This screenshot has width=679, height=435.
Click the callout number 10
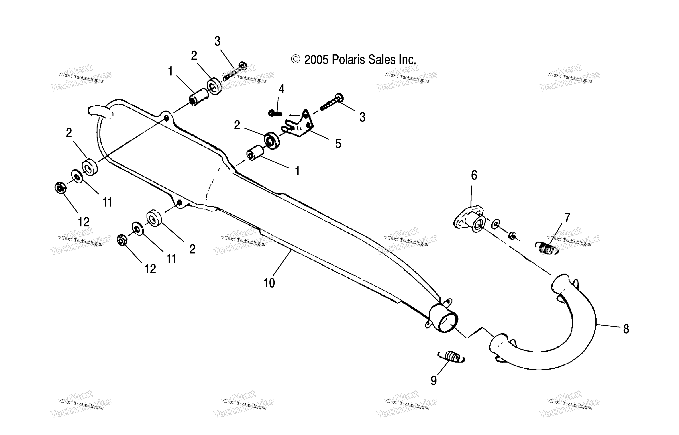[269, 283]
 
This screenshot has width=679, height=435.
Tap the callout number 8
[626, 329]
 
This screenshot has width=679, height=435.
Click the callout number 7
[567, 218]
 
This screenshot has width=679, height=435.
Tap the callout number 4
[282, 89]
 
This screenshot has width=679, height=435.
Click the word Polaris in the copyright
[349, 60]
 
